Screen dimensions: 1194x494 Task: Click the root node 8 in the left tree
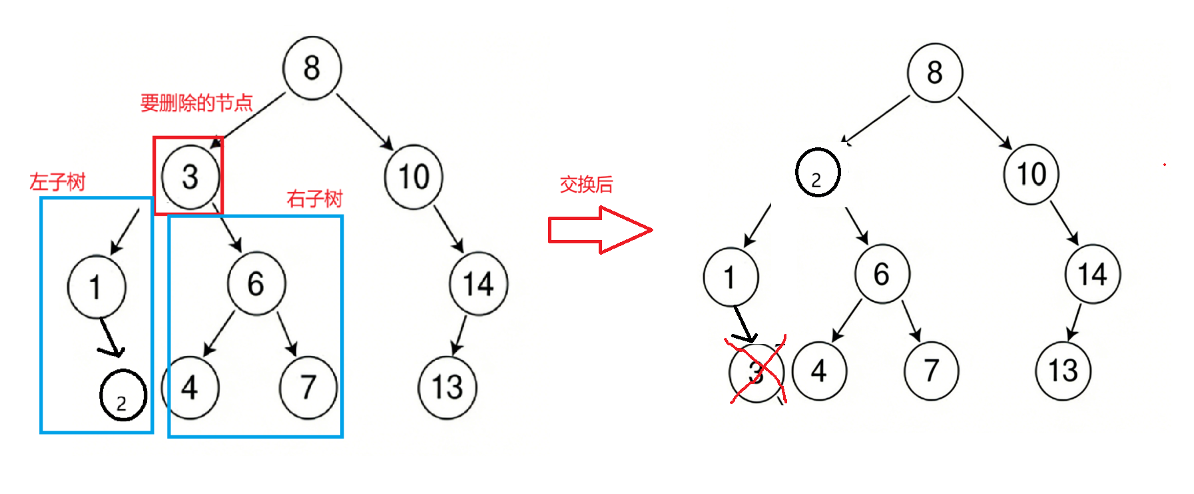pyautogui.click(x=312, y=68)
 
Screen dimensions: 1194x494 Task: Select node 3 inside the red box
pyautogui.click(x=190, y=177)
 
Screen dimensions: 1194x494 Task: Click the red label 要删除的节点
pyautogui.click(x=196, y=103)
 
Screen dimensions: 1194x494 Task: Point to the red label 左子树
pyautogui.click(x=57, y=182)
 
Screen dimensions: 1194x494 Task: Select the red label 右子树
pyautogui.click(x=314, y=199)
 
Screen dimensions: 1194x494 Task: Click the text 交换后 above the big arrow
pyautogui.click(x=586, y=184)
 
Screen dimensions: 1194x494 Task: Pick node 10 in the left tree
pyautogui.click(x=414, y=177)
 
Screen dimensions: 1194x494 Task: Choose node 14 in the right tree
pyautogui.click(x=1093, y=274)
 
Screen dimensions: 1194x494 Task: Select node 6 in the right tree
pyautogui.click(x=882, y=274)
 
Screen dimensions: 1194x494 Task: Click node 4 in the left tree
pyautogui.click(x=190, y=388)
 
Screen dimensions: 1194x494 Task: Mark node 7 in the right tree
pyautogui.click(x=931, y=371)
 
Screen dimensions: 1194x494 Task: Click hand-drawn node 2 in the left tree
pyautogui.click(x=123, y=396)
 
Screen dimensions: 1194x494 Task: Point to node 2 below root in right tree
pyautogui.click(x=818, y=173)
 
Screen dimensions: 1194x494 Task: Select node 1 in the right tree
pyautogui.click(x=731, y=277)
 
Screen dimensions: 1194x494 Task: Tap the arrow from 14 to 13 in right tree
pyautogui.click(x=1074, y=322)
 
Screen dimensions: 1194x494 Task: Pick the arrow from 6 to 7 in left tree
pyautogui.click(x=287, y=333)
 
